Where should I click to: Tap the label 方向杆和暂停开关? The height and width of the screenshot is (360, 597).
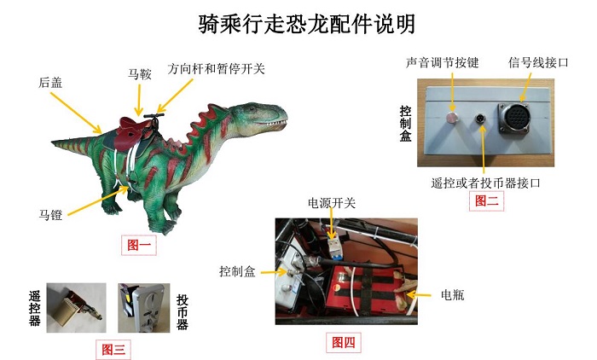[x=217, y=68]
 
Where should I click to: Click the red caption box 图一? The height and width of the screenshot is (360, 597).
[x=138, y=246]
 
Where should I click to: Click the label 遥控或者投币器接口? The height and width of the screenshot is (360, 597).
[x=487, y=183]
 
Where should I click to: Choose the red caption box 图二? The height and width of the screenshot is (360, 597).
[x=487, y=201]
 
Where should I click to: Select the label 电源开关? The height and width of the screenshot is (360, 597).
[x=332, y=203]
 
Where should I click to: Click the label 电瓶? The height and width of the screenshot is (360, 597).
[x=453, y=295]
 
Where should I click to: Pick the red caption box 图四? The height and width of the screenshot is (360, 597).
[x=343, y=343]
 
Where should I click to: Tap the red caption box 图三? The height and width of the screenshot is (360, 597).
[x=113, y=348]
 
